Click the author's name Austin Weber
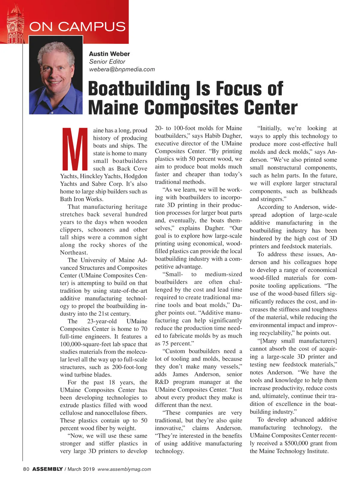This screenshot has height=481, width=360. (x=109, y=54)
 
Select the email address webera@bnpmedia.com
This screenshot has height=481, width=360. (x=122, y=69)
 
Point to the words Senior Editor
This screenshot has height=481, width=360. (x=107, y=62)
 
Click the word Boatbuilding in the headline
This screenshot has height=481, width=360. (x=139, y=89)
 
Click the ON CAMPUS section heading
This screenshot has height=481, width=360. (x=77, y=26)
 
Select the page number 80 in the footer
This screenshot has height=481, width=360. (x=26, y=469)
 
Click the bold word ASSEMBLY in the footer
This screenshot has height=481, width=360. (x=47, y=469)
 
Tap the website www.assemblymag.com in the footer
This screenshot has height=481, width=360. (x=124, y=469)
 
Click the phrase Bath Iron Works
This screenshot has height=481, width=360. (x=82, y=199)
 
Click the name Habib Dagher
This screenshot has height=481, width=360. (x=223, y=136)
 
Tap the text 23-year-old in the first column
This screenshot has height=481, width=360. (x=102, y=321)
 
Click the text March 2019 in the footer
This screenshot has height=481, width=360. (x=81, y=469)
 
